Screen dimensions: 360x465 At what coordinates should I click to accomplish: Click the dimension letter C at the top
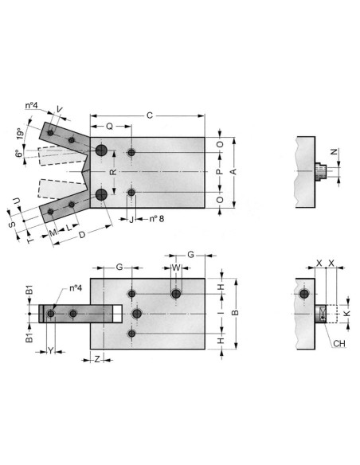point(150,115)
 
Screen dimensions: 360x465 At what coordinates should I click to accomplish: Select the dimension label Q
point(110,127)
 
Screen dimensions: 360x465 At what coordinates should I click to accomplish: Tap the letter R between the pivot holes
point(114,172)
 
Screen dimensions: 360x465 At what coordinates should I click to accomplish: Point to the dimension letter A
point(233,171)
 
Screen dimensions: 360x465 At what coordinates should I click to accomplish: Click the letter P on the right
point(219,172)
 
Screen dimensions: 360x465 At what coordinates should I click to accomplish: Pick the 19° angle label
point(20,134)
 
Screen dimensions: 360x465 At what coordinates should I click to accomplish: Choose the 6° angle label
point(19,154)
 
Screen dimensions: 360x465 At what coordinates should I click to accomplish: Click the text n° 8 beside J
point(157,219)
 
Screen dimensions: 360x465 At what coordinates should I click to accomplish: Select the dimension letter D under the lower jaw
point(82,235)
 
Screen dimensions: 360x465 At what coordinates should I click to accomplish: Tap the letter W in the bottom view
point(176,268)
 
